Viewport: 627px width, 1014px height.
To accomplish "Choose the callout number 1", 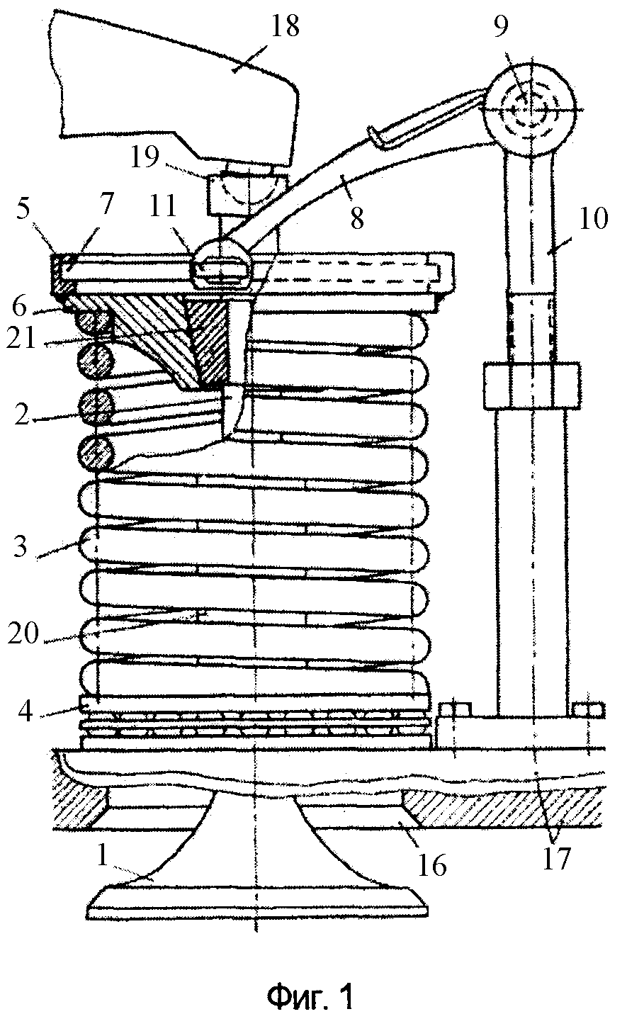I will tap(103, 857).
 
